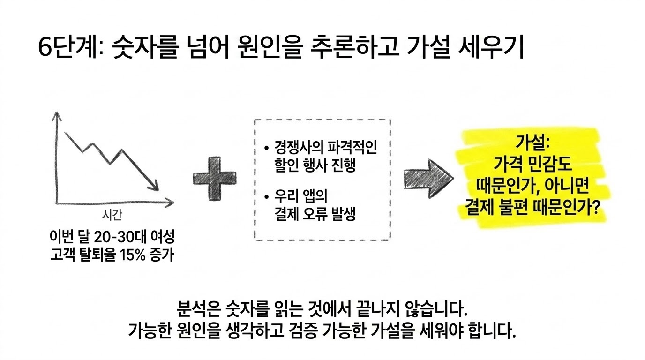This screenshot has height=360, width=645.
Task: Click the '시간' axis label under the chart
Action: [x=112, y=215]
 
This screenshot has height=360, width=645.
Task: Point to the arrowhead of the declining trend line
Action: [x=154, y=186]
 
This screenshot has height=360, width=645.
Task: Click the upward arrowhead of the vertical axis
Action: [x=57, y=116]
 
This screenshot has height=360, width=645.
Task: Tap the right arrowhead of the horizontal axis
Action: [x=169, y=202]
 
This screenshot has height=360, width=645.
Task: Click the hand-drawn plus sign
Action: [x=215, y=178]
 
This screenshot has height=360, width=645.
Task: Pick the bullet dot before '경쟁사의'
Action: [x=266, y=148]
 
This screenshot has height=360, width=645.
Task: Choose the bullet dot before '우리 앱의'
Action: [x=266, y=197]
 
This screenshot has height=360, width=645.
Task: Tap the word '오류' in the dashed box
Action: [x=315, y=214]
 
